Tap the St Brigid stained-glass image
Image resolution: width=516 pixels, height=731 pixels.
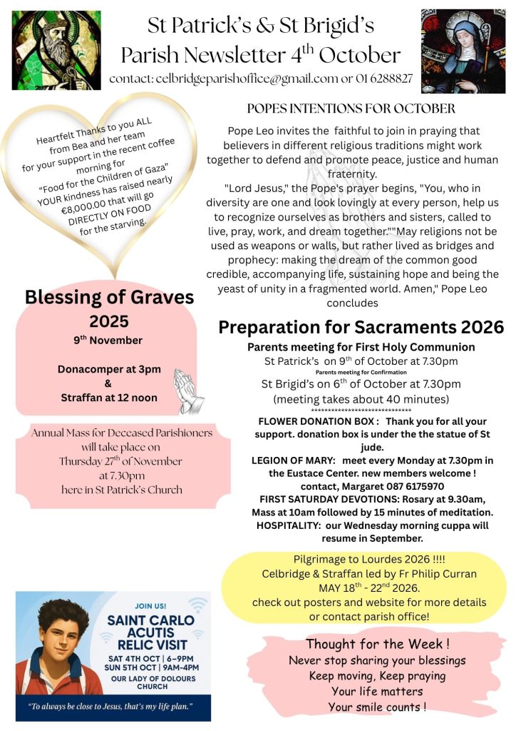pyautogui.click(x=463, y=51)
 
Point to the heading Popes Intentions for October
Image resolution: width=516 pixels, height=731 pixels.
pyautogui.click(x=351, y=109)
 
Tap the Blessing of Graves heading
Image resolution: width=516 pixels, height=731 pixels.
pyautogui.click(x=109, y=297)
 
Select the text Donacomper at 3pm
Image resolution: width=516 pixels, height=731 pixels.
pyautogui.click(x=109, y=369)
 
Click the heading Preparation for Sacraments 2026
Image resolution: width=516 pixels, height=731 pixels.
pyautogui.click(x=361, y=328)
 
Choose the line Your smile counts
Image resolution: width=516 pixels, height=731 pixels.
pyautogui.click(x=377, y=707)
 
